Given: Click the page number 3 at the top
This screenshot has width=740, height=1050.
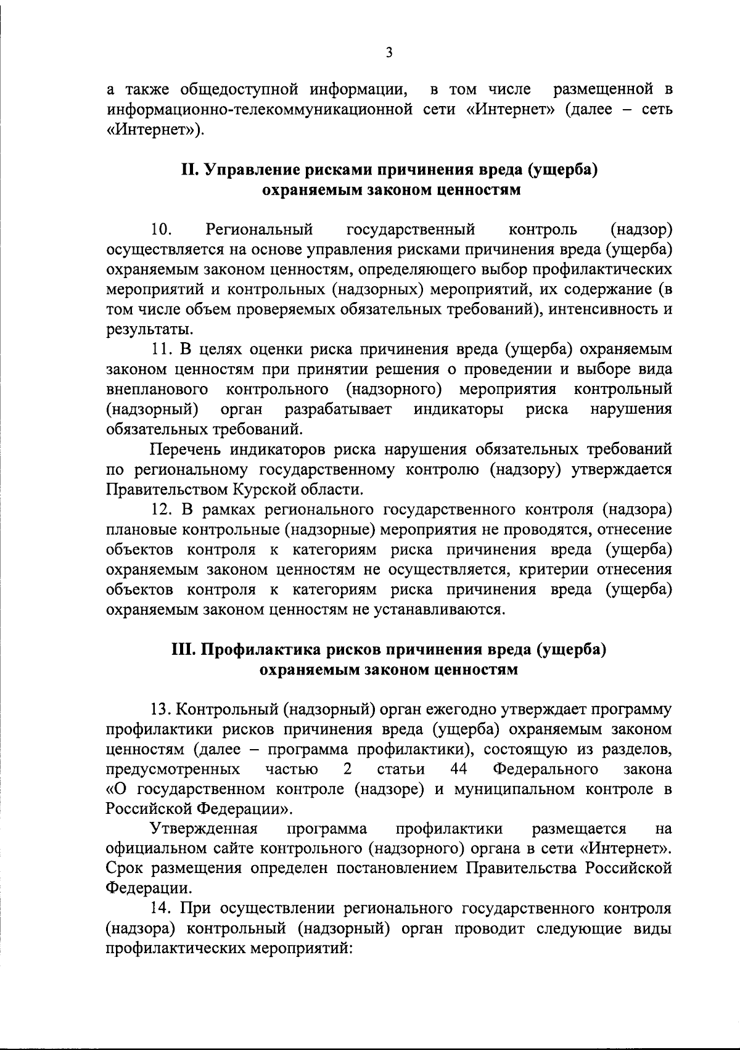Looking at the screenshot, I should [x=388, y=52].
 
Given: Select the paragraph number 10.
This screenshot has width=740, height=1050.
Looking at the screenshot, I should [x=161, y=230].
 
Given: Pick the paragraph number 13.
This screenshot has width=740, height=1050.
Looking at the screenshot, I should [x=162, y=710].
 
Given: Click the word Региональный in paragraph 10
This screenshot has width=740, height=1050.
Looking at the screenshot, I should [x=260, y=230].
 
